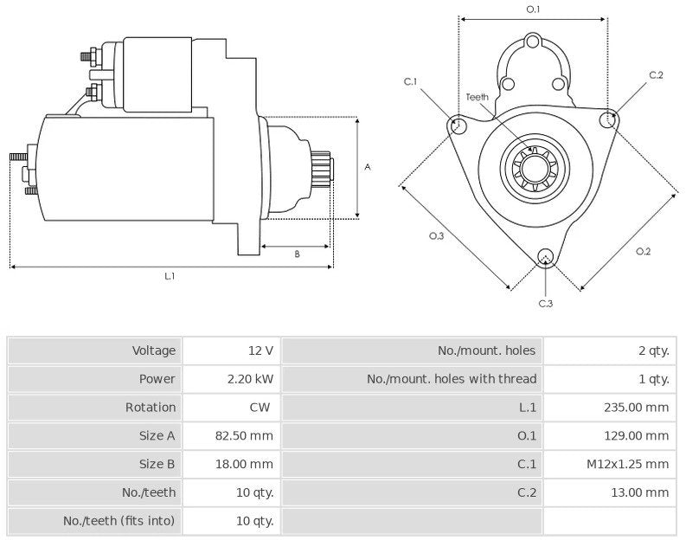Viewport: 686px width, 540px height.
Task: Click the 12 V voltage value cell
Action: [260, 350]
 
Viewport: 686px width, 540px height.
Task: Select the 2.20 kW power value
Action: [250, 379]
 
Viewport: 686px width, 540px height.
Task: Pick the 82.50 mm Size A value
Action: [244, 435]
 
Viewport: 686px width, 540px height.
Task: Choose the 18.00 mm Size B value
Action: [244, 464]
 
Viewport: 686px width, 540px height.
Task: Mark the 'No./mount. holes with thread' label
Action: [452, 379]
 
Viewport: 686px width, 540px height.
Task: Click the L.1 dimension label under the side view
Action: [170, 276]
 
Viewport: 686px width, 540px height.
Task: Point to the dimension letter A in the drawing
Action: [368, 166]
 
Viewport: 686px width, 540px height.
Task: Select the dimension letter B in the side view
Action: [297, 254]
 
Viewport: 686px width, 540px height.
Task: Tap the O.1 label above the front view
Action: [533, 10]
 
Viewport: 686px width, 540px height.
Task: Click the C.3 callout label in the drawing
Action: [545, 303]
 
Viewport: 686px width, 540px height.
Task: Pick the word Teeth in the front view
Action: [478, 97]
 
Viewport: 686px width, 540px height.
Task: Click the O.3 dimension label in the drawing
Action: [436, 236]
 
